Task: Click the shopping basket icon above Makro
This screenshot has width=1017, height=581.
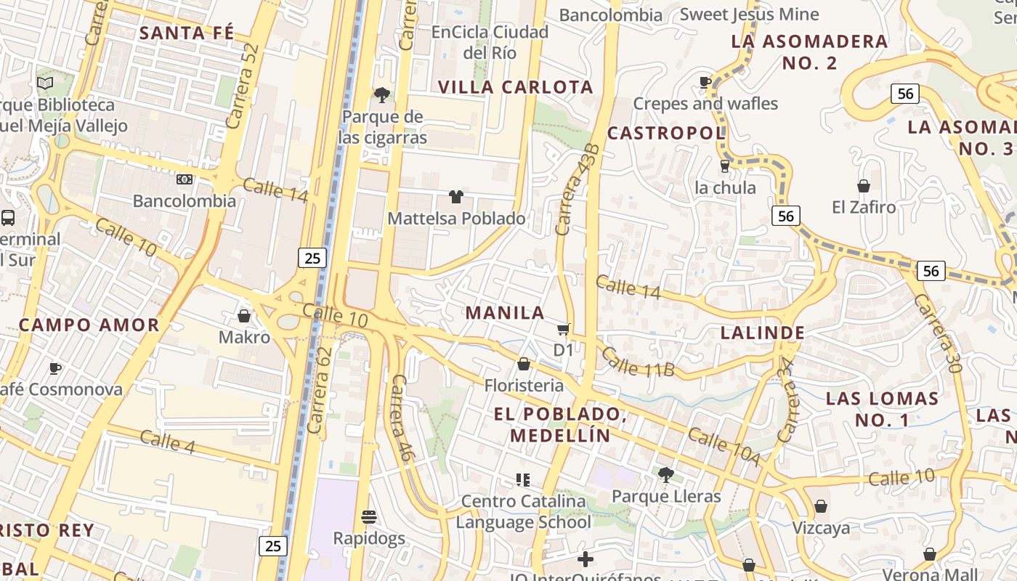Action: [x=244, y=316]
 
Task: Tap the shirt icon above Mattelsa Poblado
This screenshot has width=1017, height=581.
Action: [x=455, y=196]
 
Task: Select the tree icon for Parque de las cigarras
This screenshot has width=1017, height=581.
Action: [x=381, y=94]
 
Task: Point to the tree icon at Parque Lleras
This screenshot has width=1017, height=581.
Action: [x=665, y=475]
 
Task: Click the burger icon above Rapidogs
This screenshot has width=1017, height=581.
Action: [x=369, y=517]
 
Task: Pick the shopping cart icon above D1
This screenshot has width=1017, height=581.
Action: [x=564, y=329]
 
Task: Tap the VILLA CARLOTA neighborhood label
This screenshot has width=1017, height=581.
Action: [x=516, y=87]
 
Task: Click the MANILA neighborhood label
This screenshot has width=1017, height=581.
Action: [x=505, y=313]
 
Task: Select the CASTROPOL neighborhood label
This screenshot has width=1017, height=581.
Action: [x=666, y=133]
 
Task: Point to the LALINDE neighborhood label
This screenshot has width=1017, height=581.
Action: [x=763, y=333]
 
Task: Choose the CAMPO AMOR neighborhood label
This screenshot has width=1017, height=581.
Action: [x=89, y=325]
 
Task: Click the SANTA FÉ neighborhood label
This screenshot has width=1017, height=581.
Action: [x=187, y=33]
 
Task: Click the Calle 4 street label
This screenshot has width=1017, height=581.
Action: [x=167, y=442]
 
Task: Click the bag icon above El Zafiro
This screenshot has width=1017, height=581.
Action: [x=864, y=187]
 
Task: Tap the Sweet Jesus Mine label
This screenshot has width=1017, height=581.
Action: [x=749, y=14]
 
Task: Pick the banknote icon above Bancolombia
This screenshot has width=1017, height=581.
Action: [x=185, y=179]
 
